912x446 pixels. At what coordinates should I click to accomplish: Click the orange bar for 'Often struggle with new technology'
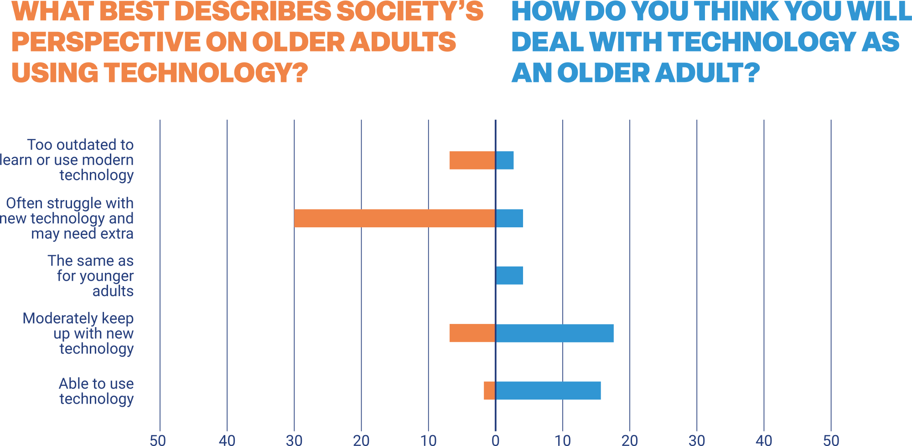tap(394, 218)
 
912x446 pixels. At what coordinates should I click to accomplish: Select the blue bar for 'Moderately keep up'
tap(554, 333)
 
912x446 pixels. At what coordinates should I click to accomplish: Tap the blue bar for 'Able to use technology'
tap(548, 390)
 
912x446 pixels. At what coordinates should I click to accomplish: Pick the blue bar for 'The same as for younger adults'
tap(509, 276)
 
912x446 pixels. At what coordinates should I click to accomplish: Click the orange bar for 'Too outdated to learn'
tap(472, 160)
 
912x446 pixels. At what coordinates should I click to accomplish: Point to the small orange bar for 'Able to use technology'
tap(489, 390)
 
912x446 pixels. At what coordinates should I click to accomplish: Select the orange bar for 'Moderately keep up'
tap(472, 333)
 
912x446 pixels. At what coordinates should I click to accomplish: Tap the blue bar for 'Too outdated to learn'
tap(505, 160)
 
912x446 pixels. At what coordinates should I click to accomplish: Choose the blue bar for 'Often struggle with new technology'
tap(509, 218)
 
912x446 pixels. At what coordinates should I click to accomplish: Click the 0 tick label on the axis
tap(496, 440)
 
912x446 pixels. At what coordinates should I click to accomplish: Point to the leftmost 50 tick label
tap(158, 440)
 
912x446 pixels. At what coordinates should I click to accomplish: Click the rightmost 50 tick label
tap(831, 440)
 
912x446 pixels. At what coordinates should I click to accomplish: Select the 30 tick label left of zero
tap(294, 440)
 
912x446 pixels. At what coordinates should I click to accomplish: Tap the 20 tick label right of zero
tap(630, 440)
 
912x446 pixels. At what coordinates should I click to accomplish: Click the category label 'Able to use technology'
tap(96, 391)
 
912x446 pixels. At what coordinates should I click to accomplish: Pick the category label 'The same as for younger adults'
tap(91, 276)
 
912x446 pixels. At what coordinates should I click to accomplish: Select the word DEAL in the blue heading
tap(548, 42)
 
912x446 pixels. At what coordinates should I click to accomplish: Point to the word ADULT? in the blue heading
tap(707, 73)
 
